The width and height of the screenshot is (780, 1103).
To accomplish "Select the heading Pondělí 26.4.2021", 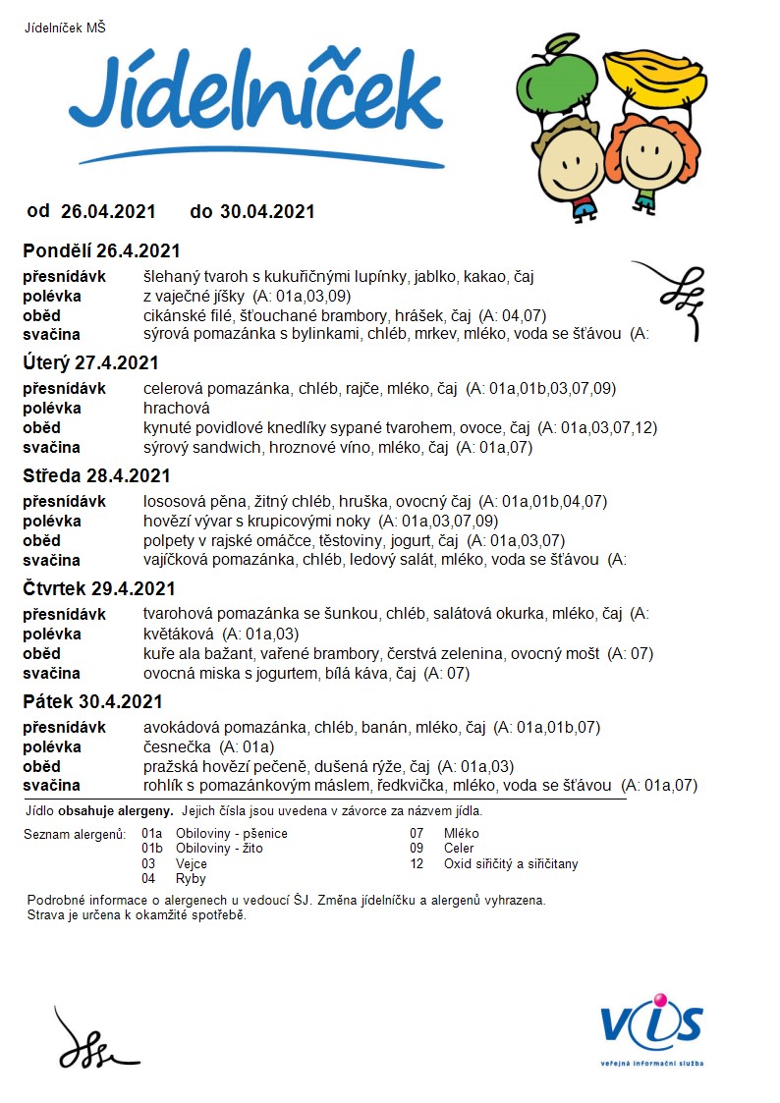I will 102,250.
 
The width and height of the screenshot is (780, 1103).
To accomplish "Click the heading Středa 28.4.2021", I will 97,476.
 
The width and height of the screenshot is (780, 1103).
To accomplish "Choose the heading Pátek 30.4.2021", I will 92,702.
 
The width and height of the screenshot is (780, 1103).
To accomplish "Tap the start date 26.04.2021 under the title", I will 108,211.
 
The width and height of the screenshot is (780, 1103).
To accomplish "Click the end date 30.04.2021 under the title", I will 266,211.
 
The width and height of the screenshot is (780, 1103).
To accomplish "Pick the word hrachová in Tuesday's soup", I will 177,408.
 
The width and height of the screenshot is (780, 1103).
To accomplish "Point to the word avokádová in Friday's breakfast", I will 177,727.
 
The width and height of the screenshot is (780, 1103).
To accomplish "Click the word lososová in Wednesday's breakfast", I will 174,501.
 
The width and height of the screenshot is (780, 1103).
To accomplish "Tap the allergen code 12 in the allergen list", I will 417,864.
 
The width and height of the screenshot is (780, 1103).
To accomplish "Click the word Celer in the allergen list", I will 459,849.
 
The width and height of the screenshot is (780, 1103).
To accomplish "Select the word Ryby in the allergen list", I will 191,879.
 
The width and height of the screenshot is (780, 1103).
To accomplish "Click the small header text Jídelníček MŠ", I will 65,28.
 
